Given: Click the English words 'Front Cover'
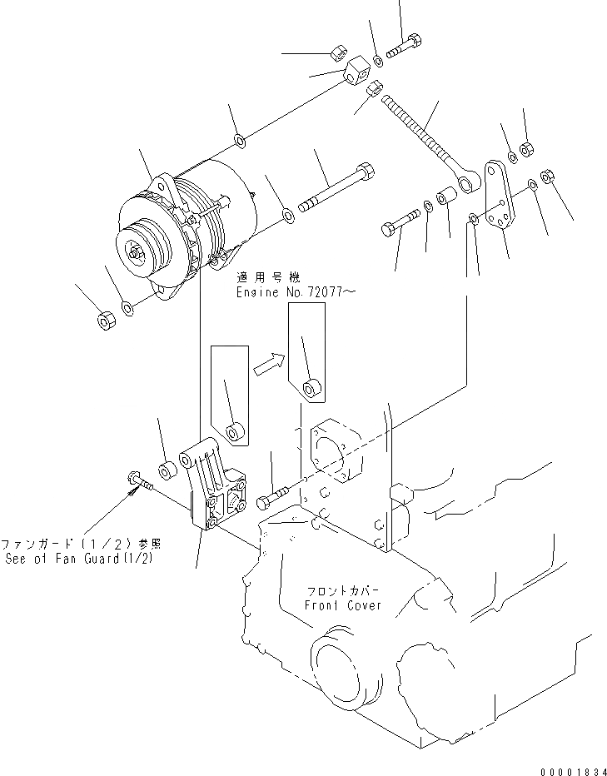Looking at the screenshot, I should (x=342, y=604).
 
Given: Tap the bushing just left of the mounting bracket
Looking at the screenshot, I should (x=167, y=469).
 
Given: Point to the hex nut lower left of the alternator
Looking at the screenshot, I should (x=105, y=320).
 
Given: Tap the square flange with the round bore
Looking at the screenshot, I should (x=331, y=454).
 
